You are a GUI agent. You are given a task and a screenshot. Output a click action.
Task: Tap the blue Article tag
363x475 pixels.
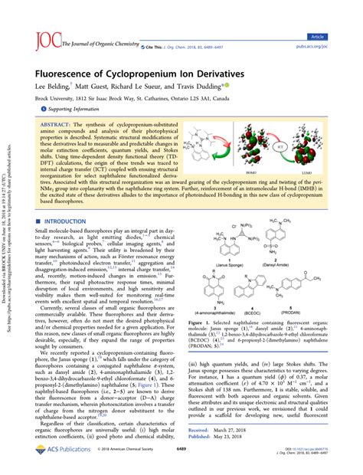337,15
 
